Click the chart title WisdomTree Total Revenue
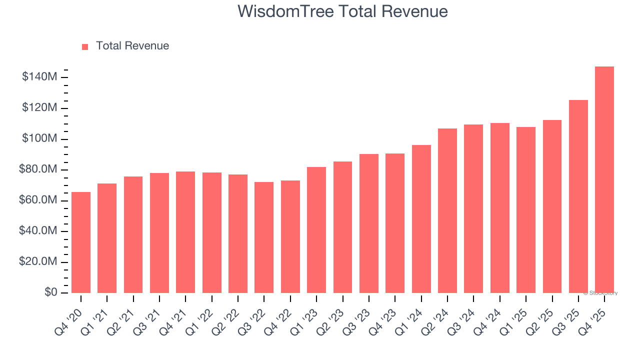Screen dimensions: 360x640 click(342, 11)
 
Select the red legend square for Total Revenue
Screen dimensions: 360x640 click(85, 46)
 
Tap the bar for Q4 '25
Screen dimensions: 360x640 click(604, 180)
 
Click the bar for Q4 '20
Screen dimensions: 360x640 click(81, 242)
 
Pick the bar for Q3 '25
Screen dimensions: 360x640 click(578, 196)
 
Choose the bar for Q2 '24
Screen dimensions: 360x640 click(447, 210)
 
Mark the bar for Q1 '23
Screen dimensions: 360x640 click(316, 230)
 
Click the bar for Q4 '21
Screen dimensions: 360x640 click(185, 232)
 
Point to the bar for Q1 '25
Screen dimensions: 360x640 click(526, 210)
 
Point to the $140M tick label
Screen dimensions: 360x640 click(39, 77)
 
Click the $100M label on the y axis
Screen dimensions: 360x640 click(39, 138)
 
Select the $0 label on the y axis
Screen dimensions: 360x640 click(50, 292)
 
